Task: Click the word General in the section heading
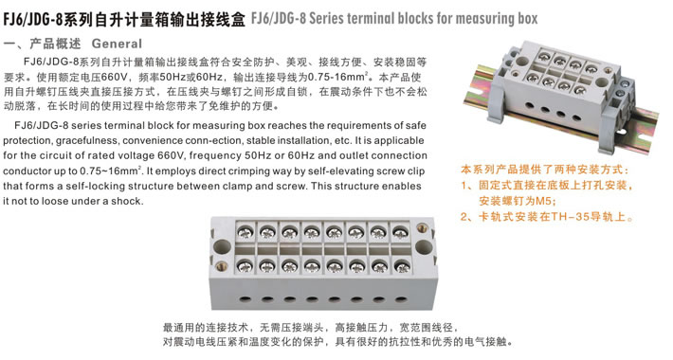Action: (x=117, y=44)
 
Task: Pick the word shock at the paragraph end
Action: (x=126, y=201)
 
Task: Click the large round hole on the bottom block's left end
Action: (x=222, y=248)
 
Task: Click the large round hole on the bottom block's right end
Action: (x=424, y=247)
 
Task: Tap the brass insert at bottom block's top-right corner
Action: (x=422, y=228)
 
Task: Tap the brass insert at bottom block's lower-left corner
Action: (x=222, y=266)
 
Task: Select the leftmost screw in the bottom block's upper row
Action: (x=246, y=232)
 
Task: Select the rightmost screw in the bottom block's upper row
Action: (x=400, y=232)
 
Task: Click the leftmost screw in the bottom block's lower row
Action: (x=246, y=265)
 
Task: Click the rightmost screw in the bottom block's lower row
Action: (x=401, y=267)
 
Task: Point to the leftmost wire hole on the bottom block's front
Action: (x=246, y=298)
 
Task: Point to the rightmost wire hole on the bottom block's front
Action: (x=400, y=298)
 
